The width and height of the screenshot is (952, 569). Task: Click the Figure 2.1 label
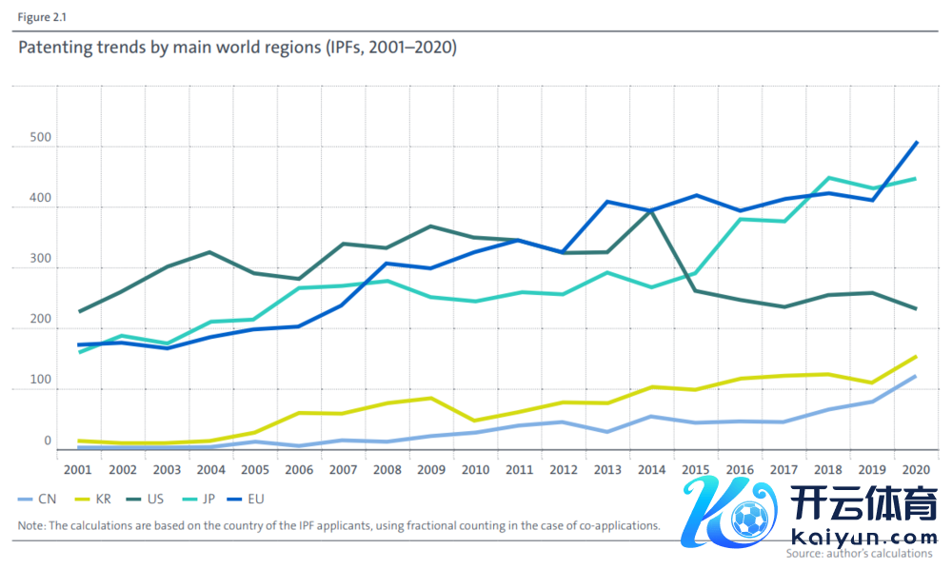point(40,17)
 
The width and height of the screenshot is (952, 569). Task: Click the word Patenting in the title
point(54,47)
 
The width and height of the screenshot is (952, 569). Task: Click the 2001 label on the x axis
point(78,469)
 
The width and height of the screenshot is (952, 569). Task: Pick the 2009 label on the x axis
point(431,469)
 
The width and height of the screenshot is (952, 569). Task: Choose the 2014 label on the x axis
point(652,469)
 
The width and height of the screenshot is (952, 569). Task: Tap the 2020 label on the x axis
point(916,469)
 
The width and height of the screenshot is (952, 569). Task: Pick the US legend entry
point(200,499)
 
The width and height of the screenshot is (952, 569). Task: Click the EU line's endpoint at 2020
point(916,143)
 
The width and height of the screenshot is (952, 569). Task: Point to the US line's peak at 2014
point(652,210)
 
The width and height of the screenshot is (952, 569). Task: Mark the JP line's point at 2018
point(828,178)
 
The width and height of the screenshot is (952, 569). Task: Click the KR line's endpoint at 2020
point(916,357)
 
